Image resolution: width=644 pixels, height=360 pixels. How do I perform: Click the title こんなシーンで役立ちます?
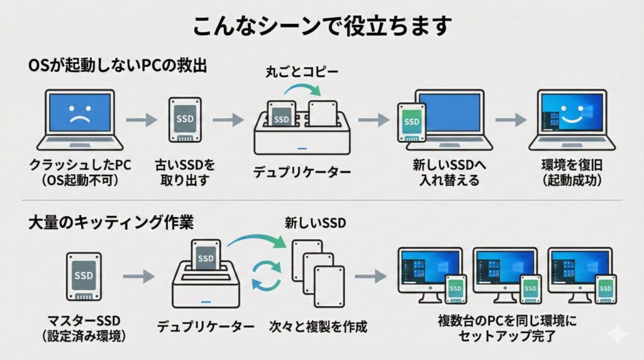[322, 27]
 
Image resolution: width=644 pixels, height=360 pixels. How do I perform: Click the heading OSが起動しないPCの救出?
[118, 66]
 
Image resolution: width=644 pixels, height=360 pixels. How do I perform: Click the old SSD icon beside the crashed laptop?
[185, 120]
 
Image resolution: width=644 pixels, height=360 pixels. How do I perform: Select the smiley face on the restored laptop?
[572, 115]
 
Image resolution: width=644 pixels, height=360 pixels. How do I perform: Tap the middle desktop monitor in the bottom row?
[504, 267]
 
